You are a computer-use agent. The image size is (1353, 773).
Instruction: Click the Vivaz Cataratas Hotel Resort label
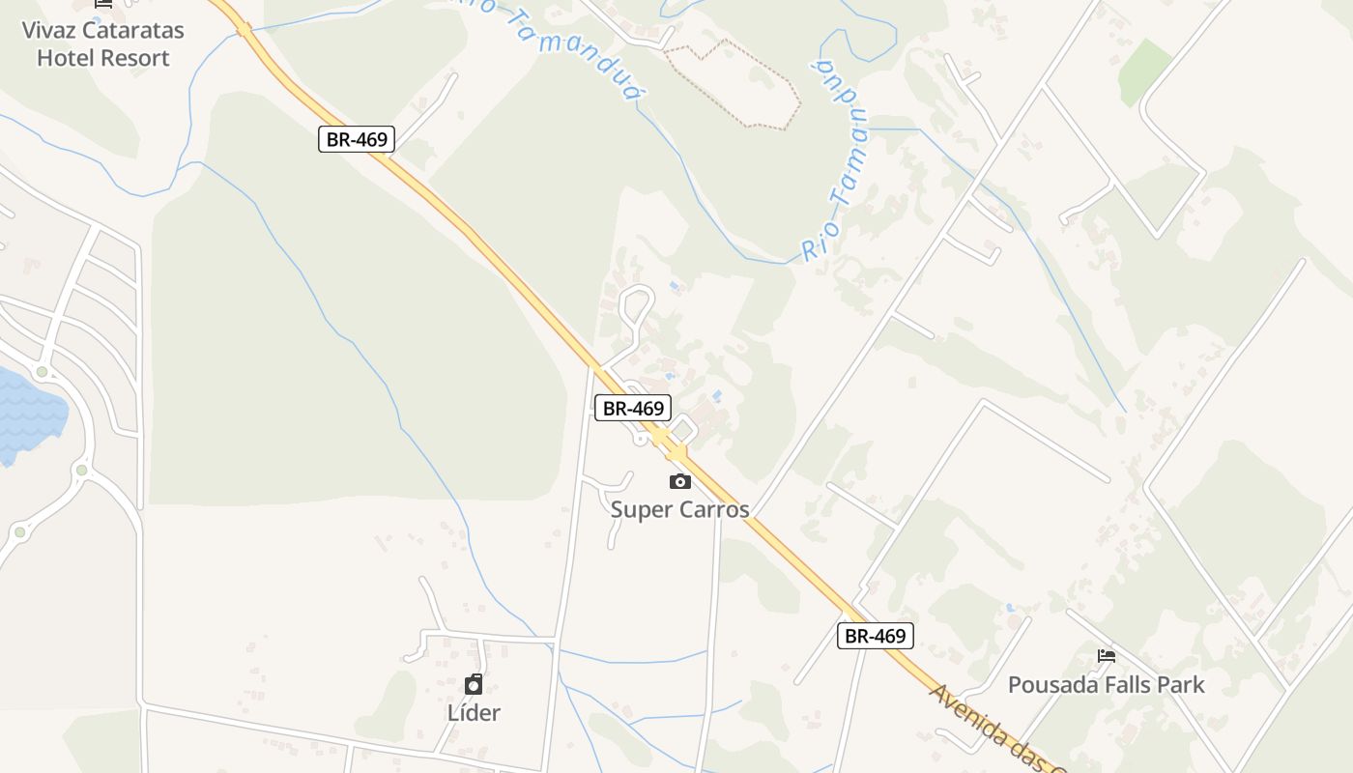point(102,43)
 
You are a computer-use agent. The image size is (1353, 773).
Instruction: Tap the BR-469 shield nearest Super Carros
point(632,408)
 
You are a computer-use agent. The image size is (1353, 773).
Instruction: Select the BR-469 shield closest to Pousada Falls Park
point(875,635)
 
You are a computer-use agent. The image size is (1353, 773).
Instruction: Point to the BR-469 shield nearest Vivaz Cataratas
point(356,139)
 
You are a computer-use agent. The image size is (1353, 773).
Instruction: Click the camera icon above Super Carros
point(680,481)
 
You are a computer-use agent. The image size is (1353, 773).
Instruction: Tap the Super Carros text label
point(679,509)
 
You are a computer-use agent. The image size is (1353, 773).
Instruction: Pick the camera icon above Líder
point(474,684)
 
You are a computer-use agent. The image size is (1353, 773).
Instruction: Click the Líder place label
point(474,713)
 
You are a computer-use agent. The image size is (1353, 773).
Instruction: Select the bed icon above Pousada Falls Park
point(1107,656)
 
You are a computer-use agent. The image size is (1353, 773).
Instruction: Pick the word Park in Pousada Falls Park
point(1182,685)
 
